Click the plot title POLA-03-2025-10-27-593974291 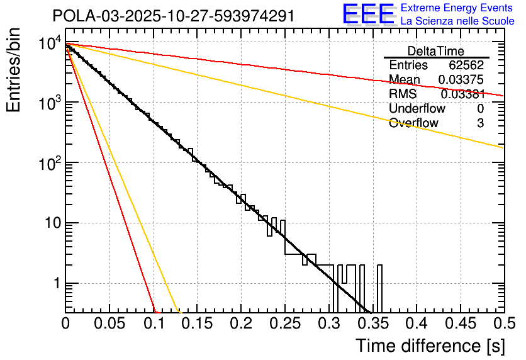click(x=173, y=16)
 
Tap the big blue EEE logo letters click(x=368, y=14)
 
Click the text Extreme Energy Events click(x=457, y=9)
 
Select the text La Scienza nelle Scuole click(x=457, y=21)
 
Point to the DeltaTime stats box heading click(x=436, y=51)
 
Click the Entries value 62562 click(x=466, y=65)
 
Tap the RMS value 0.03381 click(x=462, y=94)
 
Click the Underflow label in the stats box click(x=417, y=108)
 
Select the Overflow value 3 click(x=480, y=123)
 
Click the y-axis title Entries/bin click(x=16, y=70)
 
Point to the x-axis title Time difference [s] click(x=430, y=346)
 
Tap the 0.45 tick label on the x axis click(x=459, y=323)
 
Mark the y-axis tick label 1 click(x=54, y=284)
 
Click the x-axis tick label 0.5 click(x=503, y=323)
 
